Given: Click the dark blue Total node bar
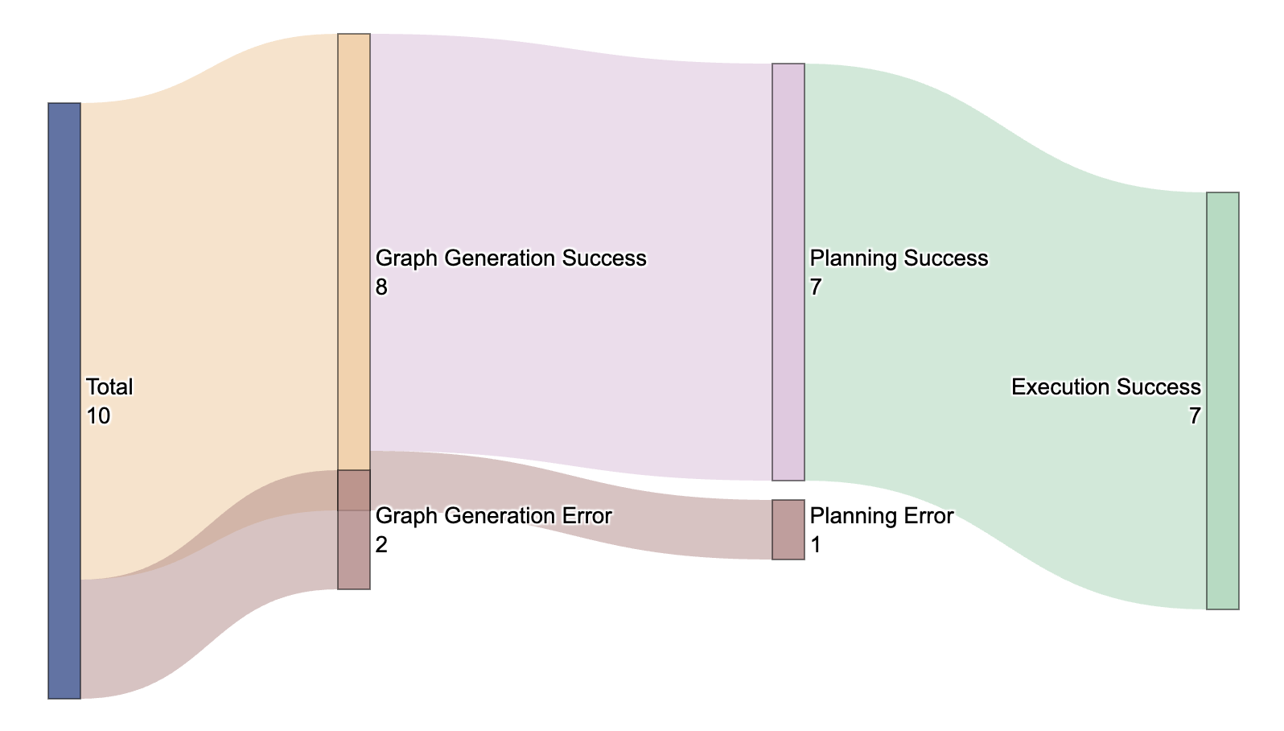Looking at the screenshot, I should [64, 400].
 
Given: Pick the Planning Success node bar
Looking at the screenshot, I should [788, 271].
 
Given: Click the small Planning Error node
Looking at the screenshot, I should [788, 529].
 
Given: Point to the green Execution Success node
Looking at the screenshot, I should [1223, 400].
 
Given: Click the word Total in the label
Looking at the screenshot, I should [109, 387].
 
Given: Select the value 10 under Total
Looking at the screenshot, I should [98, 416].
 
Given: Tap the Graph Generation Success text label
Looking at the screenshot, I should [511, 258].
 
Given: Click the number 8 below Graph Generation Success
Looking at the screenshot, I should [381, 287].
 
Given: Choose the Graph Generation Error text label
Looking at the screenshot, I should [494, 516].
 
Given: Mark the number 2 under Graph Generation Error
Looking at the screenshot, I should [381, 545].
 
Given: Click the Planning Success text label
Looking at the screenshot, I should [899, 258].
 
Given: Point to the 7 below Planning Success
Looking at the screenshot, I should [816, 287].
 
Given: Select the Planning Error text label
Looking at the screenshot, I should [882, 516].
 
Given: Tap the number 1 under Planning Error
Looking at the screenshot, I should [816, 545].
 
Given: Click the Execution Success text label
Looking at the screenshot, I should [1106, 387].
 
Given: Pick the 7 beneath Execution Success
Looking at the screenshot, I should [1195, 416].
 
